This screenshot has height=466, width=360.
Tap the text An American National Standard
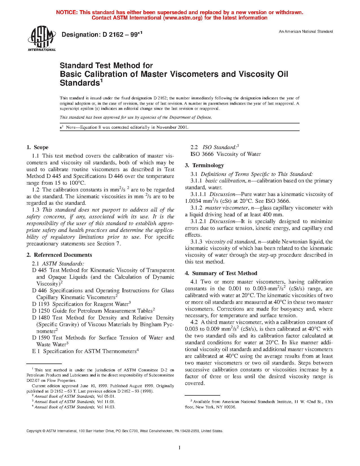[x=306, y=32]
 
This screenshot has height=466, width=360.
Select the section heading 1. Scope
[x=38, y=147]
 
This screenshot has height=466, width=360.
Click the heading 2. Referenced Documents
[x=59, y=255]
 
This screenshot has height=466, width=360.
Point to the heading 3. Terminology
[x=204, y=166]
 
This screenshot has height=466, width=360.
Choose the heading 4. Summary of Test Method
[x=221, y=273]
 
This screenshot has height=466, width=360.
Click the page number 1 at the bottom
[x=180, y=448]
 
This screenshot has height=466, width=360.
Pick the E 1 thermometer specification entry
[x=36, y=351]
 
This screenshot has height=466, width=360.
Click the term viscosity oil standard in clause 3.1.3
[x=230, y=242]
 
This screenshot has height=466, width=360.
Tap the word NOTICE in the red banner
[x=67, y=12]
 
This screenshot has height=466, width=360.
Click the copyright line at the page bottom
[x=125, y=431]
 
